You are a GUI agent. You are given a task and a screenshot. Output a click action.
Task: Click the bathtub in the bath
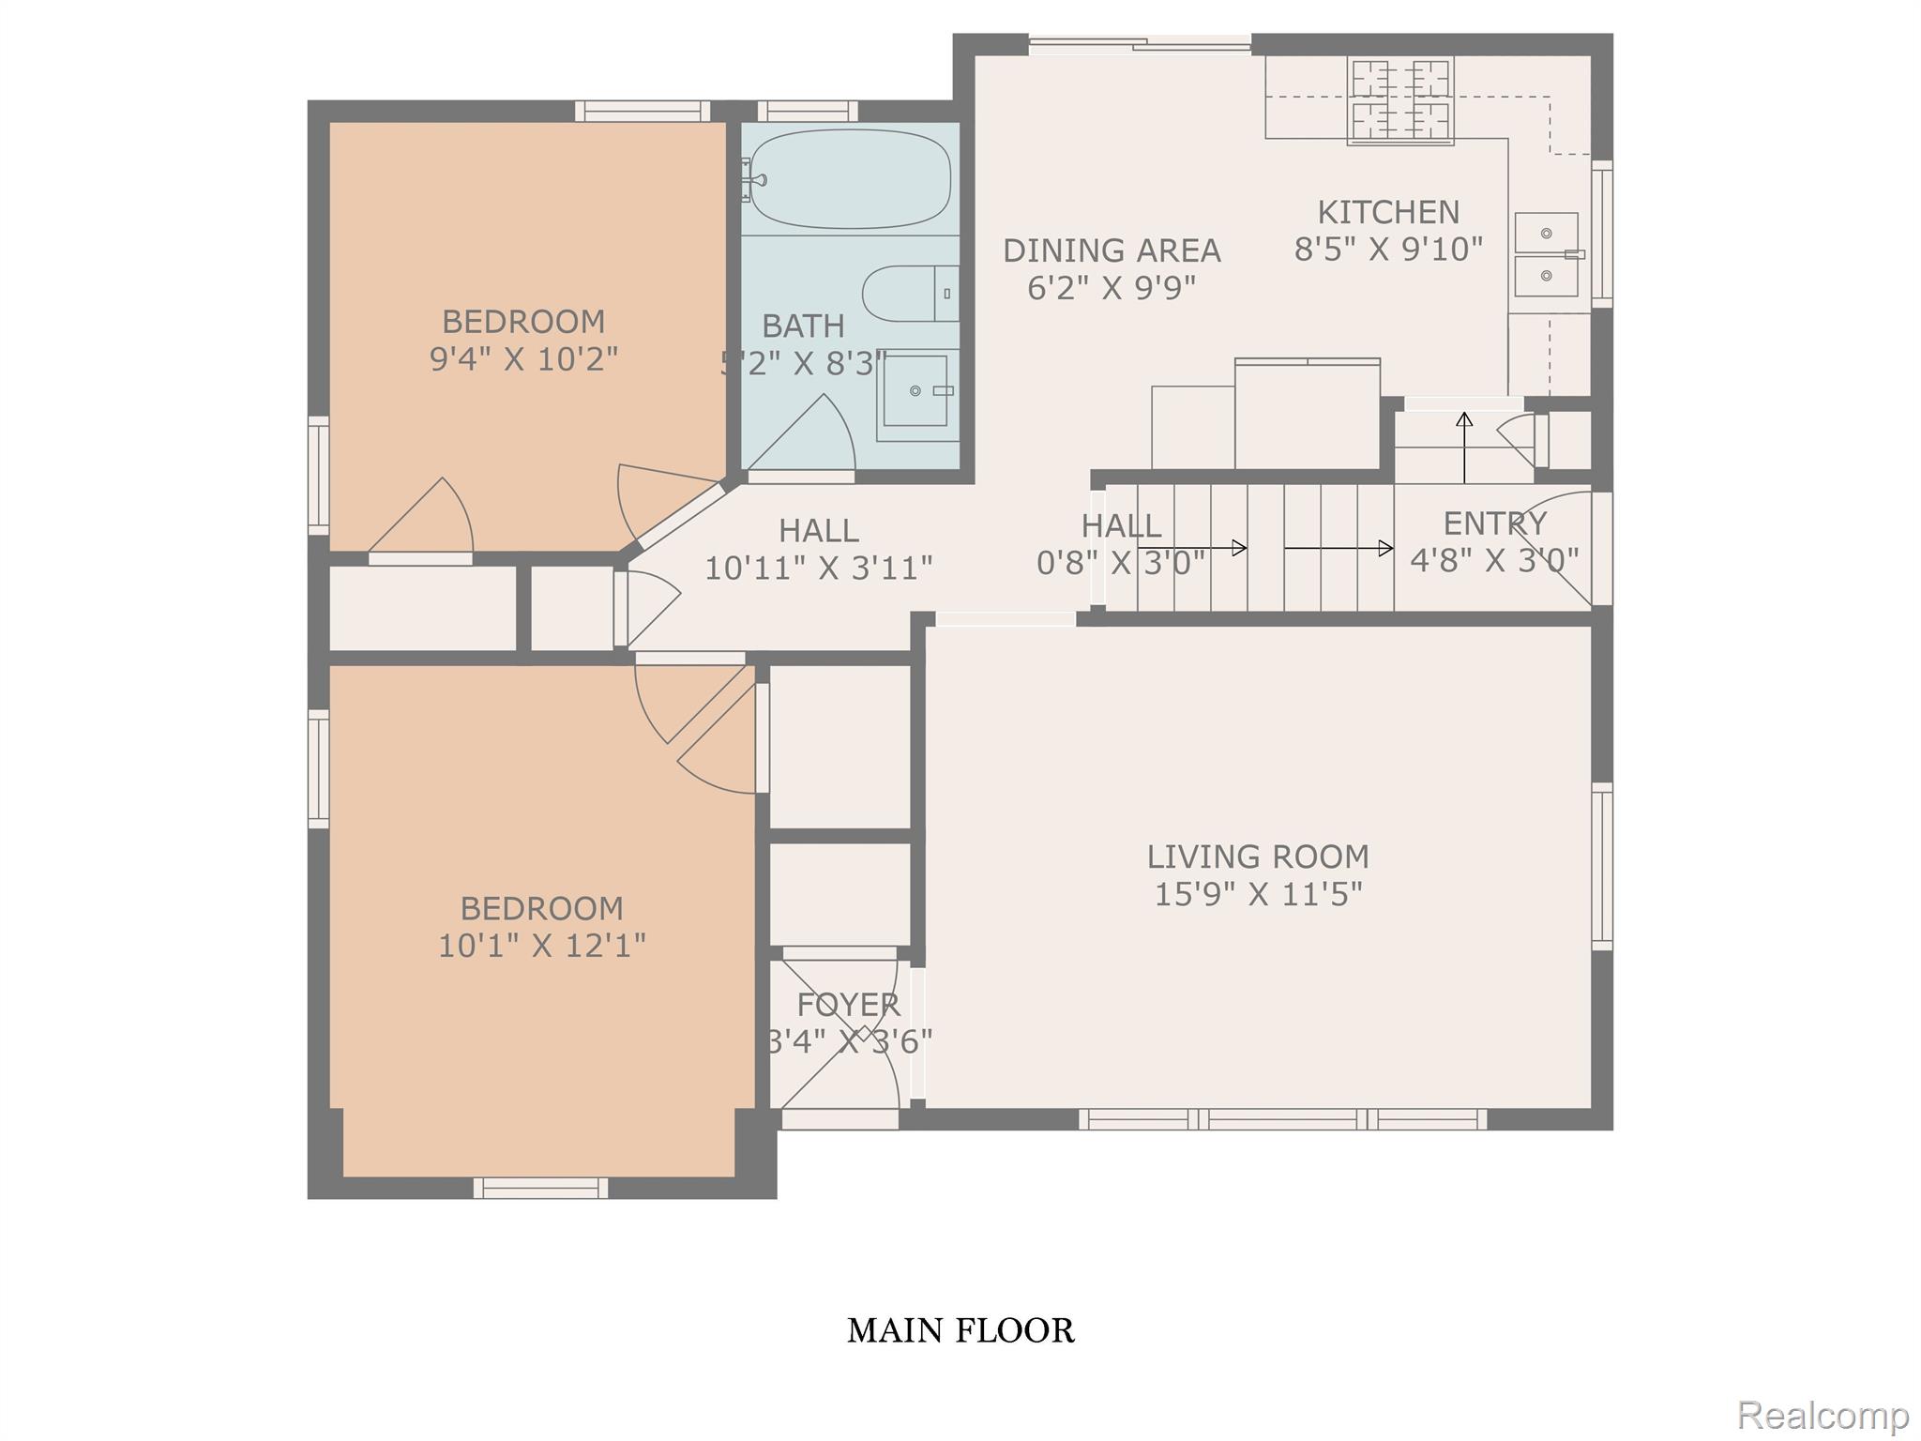pyautogui.click(x=850, y=178)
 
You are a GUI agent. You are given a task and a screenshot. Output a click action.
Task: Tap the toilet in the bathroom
pyautogui.click(x=911, y=294)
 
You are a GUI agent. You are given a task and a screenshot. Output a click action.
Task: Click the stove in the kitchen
pyautogui.click(x=1400, y=100)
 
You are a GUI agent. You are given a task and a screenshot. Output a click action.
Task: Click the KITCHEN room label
pyautogui.click(x=1388, y=212)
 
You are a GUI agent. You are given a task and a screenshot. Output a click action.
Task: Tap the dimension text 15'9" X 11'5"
pyautogui.click(x=1258, y=894)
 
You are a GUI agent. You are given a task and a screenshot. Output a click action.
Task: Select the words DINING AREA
pyautogui.click(x=1112, y=250)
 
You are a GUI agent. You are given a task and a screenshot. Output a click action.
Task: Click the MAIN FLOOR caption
pyautogui.click(x=960, y=1330)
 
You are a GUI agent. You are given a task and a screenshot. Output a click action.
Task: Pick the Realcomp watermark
pyautogui.click(x=1823, y=1414)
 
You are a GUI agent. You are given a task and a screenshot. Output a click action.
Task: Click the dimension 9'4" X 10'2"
pyautogui.click(x=523, y=359)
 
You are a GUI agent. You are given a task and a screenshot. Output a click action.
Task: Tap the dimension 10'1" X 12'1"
pyautogui.click(x=542, y=945)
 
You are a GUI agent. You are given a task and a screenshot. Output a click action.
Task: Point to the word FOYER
pyautogui.click(x=848, y=1005)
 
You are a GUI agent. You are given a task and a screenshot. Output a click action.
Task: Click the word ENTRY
pyautogui.click(x=1494, y=523)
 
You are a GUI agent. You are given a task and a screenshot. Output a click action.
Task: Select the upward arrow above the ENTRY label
pyautogui.click(x=1464, y=447)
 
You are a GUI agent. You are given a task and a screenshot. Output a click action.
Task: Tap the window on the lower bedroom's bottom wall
pyautogui.click(x=540, y=1188)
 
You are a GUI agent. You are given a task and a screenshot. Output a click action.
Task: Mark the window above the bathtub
pyautogui.click(x=807, y=111)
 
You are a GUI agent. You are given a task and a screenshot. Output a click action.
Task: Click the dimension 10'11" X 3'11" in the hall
pyautogui.click(x=819, y=568)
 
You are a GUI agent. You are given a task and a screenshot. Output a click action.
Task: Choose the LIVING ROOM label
pyautogui.click(x=1258, y=857)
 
